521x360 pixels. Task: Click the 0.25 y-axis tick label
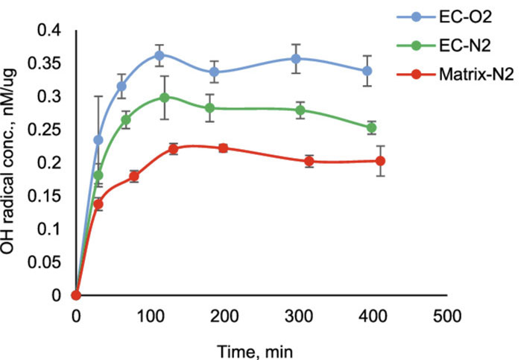46,130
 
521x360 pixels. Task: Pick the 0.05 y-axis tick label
46,262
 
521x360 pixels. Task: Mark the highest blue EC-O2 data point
160,56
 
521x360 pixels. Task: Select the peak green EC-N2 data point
165,98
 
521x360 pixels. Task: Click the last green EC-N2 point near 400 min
371,128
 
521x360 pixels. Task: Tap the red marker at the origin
75,295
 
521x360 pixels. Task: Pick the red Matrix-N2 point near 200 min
222,148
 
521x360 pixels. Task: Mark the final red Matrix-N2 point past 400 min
380,161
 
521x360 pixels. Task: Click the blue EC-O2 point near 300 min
296,59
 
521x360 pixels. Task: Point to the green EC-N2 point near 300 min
300,110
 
